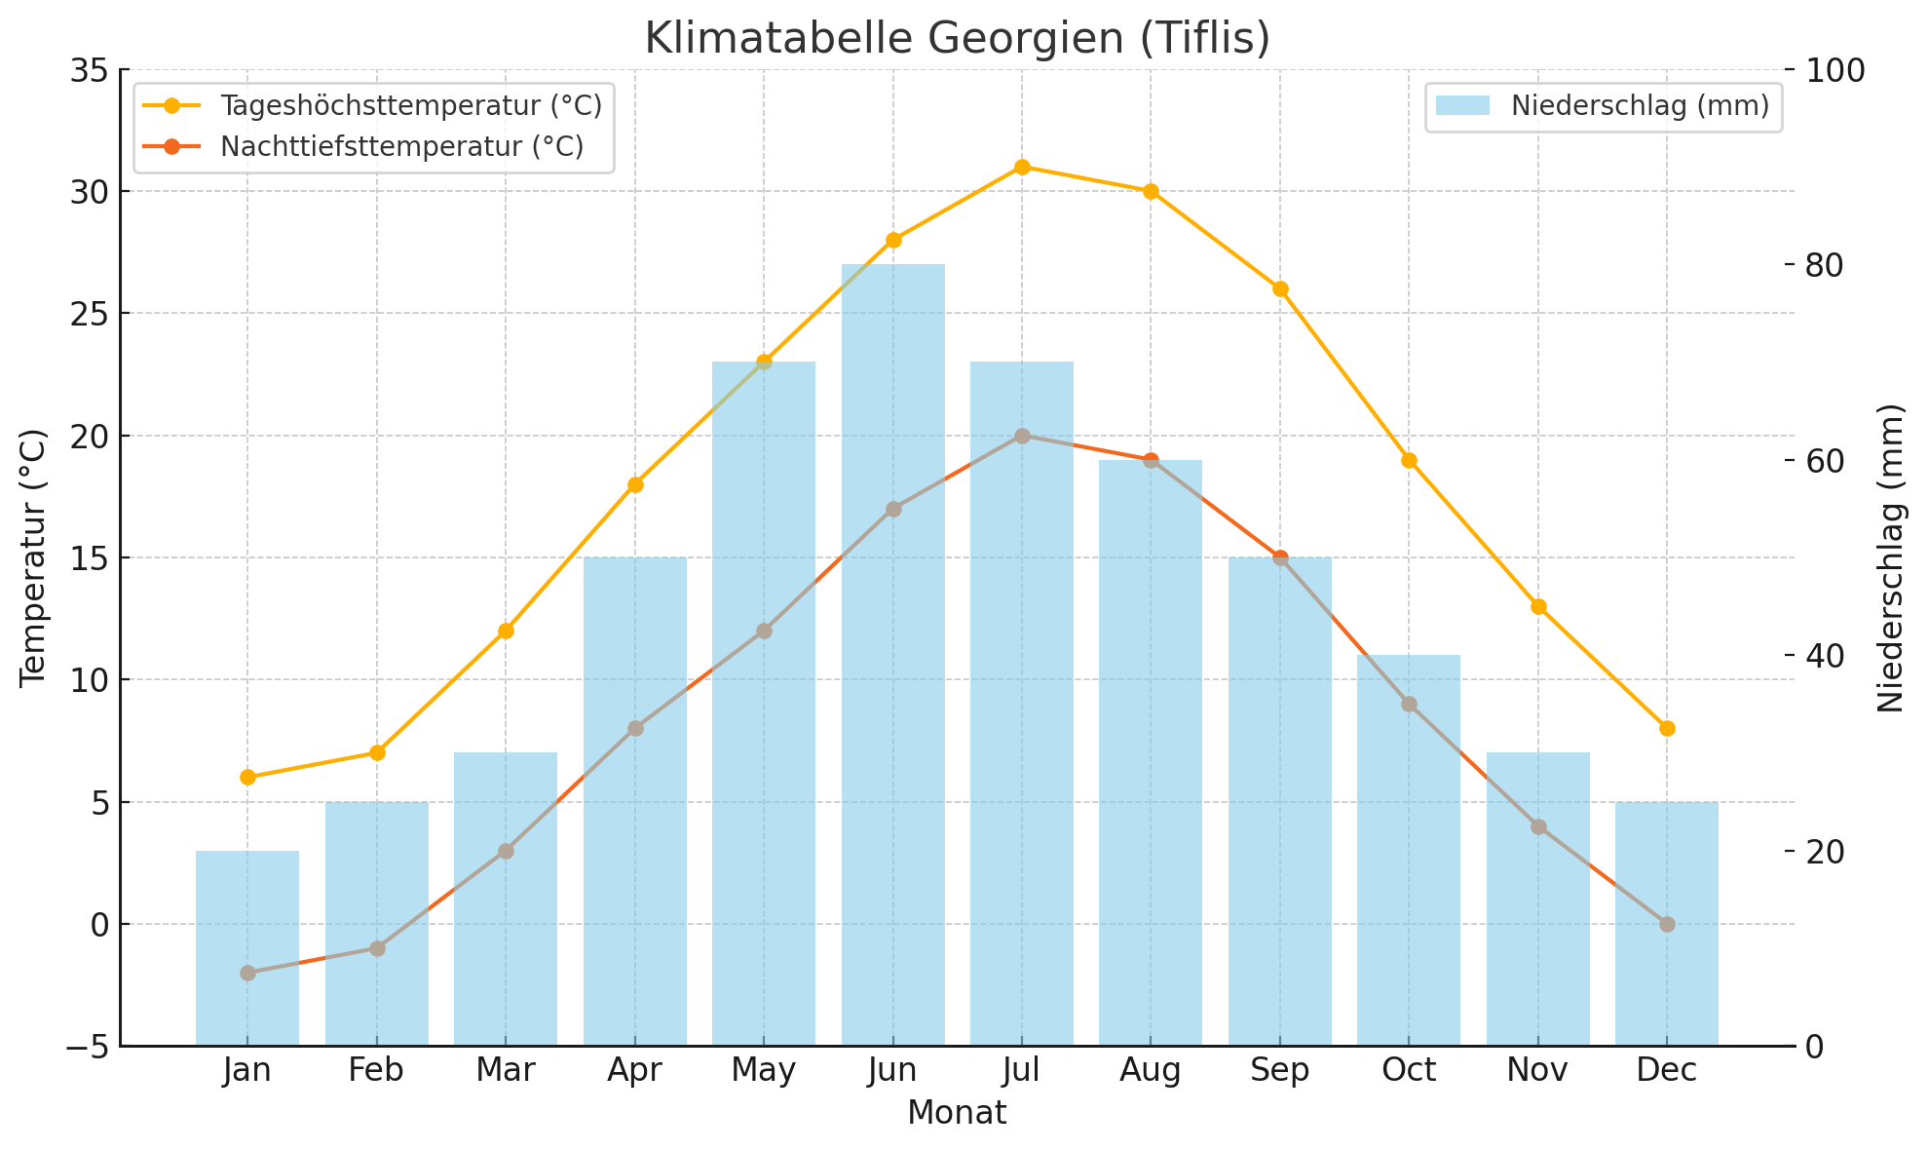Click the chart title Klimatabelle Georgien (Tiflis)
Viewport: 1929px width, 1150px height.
(x=957, y=39)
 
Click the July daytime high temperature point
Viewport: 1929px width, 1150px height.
(x=1022, y=167)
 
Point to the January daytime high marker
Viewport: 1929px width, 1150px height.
(x=247, y=777)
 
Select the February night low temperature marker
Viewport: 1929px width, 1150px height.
(x=377, y=948)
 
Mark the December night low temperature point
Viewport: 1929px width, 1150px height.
(x=1667, y=924)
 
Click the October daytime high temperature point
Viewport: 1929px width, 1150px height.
(x=1409, y=460)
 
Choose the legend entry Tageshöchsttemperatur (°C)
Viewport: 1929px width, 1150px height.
(x=410, y=105)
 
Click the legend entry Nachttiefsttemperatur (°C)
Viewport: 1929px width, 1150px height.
(x=401, y=146)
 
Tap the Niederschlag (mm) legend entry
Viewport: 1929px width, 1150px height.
(x=1640, y=105)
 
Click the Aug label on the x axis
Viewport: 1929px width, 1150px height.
(x=1151, y=1071)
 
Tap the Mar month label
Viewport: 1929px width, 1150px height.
(x=506, y=1071)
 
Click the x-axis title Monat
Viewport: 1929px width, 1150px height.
(x=957, y=1113)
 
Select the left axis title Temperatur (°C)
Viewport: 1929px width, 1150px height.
(x=33, y=557)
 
